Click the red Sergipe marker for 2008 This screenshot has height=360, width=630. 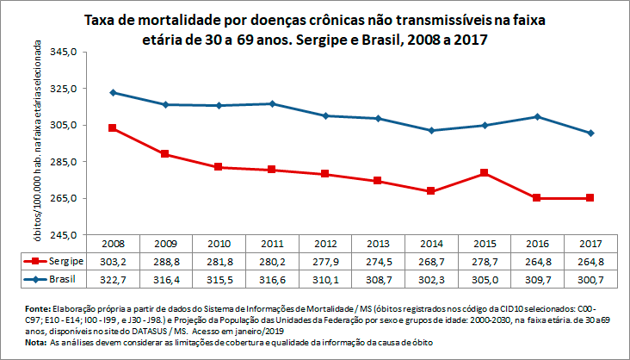click(x=113, y=127)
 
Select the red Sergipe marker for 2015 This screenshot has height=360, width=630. click(x=485, y=173)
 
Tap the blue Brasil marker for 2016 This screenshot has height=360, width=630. click(x=537, y=116)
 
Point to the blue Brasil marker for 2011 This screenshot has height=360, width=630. click(x=272, y=103)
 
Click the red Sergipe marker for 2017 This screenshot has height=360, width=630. click(x=590, y=198)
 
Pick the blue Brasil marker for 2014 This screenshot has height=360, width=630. click(x=431, y=130)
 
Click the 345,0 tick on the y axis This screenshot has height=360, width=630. click(x=65, y=52)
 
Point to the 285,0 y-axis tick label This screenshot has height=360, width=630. click(x=65, y=161)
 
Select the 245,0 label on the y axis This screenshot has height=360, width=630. click(x=65, y=234)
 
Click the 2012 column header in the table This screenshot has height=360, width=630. click(x=325, y=243)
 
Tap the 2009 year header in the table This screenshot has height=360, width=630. click(x=166, y=243)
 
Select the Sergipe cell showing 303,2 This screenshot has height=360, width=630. click(x=113, y=260)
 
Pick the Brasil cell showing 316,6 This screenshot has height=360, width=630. click(x=272, y=280)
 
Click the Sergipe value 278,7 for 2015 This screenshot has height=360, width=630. click(x=485, y=260)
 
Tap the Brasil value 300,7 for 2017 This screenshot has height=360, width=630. click(x=590, y=280)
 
